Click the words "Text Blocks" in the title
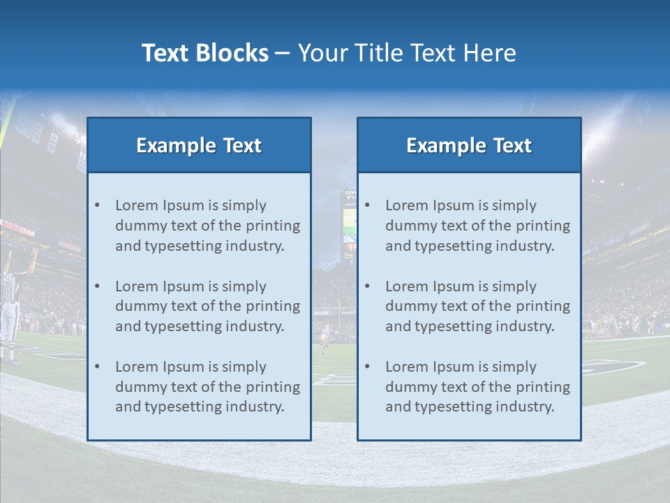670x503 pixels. click(204, 53)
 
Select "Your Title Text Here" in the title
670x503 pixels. click(407, 53)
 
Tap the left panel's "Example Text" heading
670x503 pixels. click(199, 145)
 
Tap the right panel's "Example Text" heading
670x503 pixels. click(469, 145)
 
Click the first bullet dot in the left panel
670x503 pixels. click(97, 205)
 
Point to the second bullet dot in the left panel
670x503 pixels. click(97, 286)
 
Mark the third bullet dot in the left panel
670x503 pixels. click(97, 367)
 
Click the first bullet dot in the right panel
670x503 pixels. click(367, 205)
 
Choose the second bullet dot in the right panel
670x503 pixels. click(367, 286)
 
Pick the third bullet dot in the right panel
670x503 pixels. click(367, 367)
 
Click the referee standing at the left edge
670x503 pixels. click(9, 307)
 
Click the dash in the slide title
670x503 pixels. click(283, 54)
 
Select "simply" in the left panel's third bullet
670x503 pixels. click(244, 367)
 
